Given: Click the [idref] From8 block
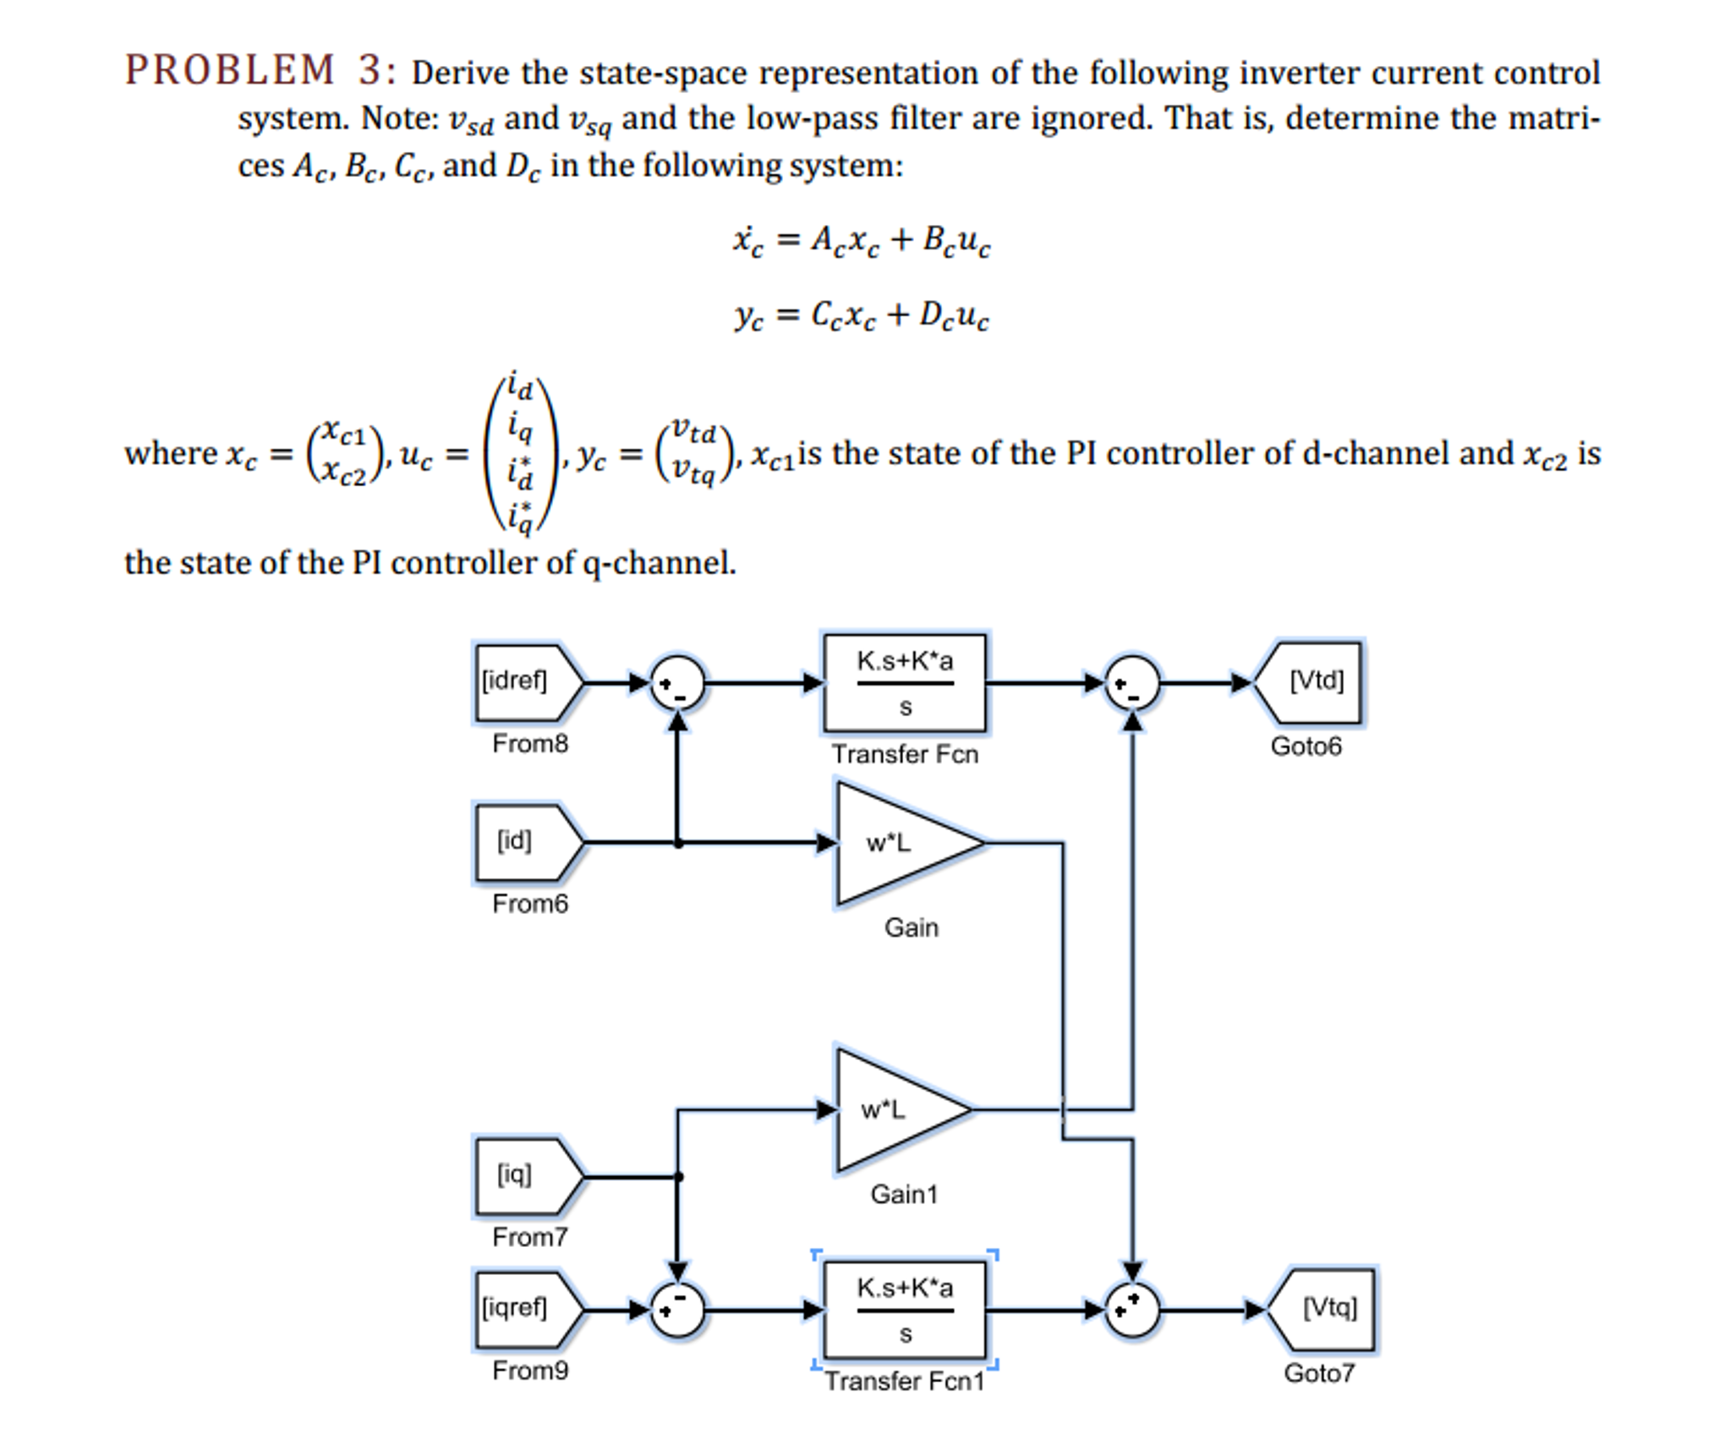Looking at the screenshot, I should pos(526,682).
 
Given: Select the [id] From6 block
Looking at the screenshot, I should pos(526,842).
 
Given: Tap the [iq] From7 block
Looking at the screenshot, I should pos(526,1176).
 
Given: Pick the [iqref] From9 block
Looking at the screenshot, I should pos(526,1310).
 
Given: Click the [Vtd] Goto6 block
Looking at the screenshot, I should pos(1310,682).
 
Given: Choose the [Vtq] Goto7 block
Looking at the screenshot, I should pos(1323,1310).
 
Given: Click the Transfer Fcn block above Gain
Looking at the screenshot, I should pos(904,682).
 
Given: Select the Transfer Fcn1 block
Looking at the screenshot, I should pos(904,1310).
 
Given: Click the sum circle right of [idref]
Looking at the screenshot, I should pos(676,682).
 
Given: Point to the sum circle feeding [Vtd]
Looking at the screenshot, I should pos(1132,682).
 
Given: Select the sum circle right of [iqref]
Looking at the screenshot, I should pos(676,1310).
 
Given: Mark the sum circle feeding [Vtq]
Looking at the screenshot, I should pos(1132,1310).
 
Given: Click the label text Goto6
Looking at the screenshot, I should pos(1306,747).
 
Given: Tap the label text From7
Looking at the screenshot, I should pos(529,1237).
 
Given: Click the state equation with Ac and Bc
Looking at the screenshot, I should pos(861,241).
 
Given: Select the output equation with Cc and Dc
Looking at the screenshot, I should pos(861,316).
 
